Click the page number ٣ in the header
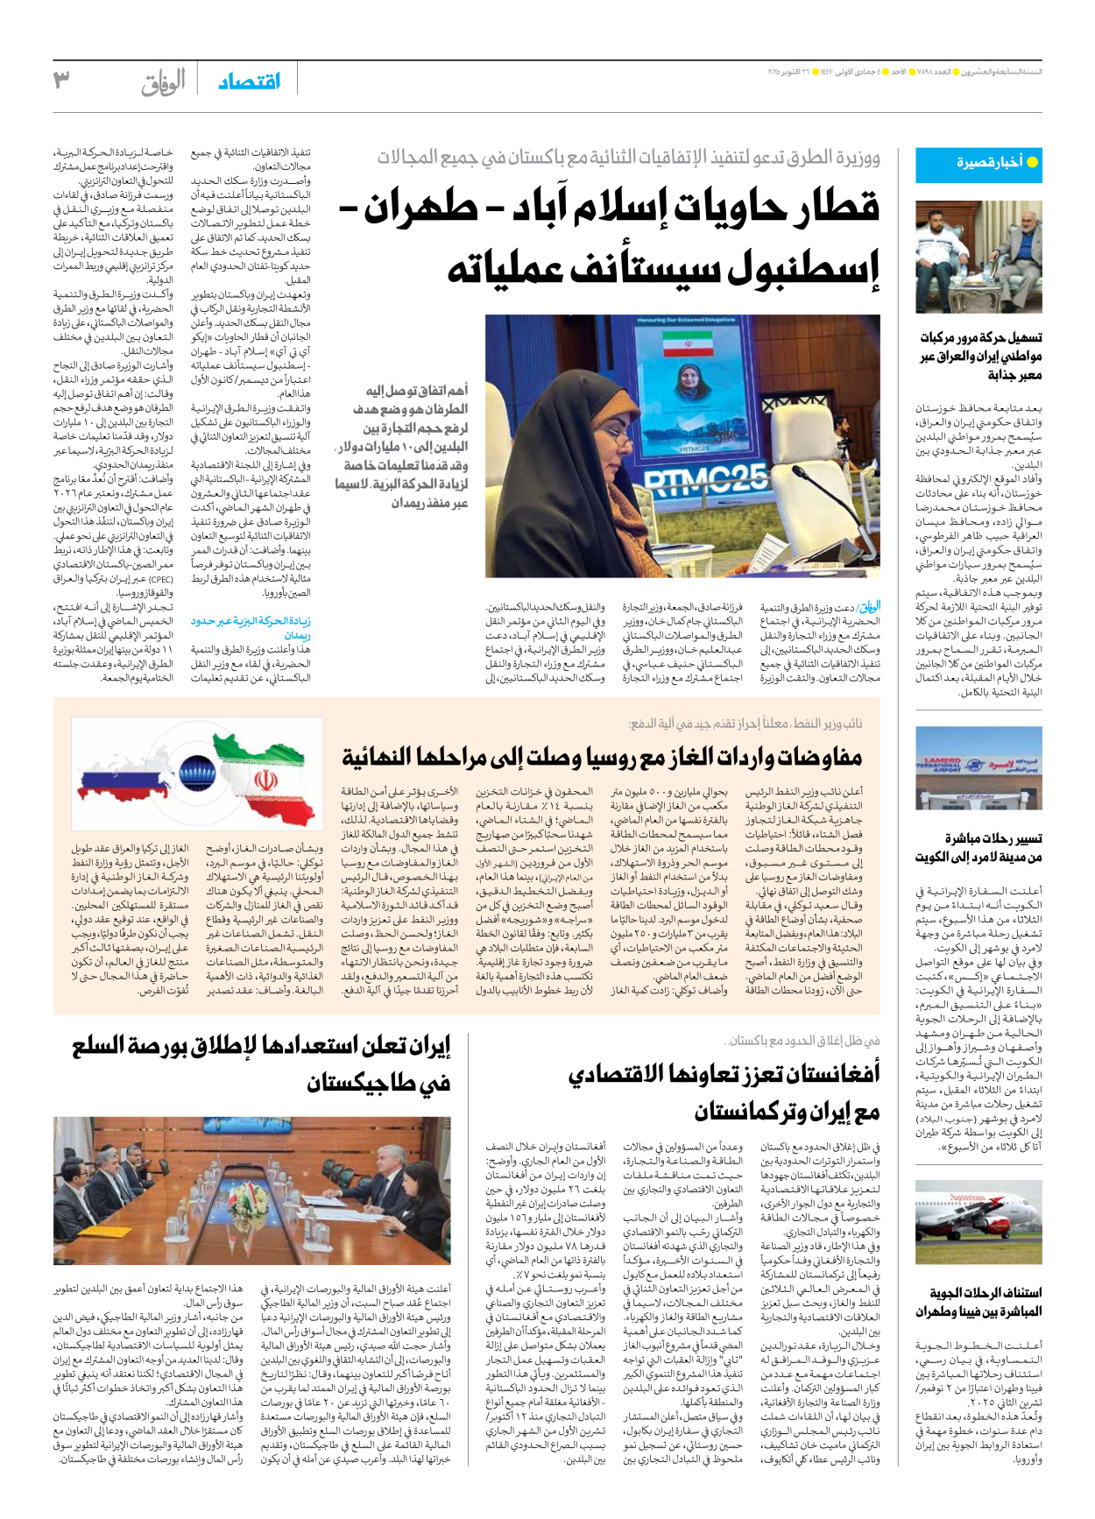[61, 80]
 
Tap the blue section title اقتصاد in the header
[250, 81]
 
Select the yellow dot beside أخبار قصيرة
[1032, 163]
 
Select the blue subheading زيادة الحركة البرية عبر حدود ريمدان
[251, 628]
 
